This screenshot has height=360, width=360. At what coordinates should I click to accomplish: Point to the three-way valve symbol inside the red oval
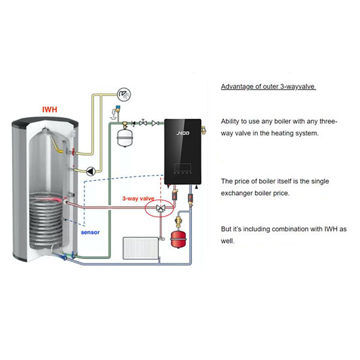click(x=160, y=208)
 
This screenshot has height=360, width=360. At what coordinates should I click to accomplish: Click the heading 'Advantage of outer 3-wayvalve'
click(x=268, y=86)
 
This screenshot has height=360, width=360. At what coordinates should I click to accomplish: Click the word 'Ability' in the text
click(x=231, y=121)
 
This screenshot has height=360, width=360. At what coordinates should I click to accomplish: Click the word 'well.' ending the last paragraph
click(x=227, y=242)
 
